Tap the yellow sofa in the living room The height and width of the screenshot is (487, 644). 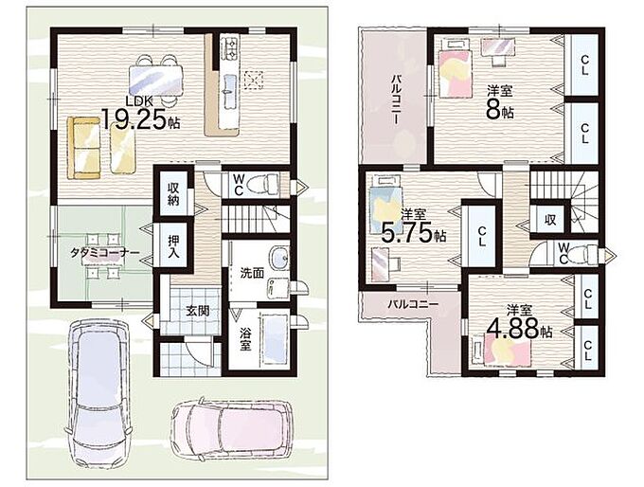coord(84,148)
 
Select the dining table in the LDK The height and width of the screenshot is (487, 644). coord(155,81)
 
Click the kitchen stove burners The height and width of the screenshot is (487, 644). coord(229,48)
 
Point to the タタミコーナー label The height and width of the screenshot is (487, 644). coord(104,253)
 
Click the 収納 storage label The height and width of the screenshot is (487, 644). coord(173,194)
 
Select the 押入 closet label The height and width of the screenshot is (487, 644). coord(173,245)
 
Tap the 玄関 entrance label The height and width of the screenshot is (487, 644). coord(198,311)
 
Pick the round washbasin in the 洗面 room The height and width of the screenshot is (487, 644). coord(278,259)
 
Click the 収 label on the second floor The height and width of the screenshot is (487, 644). coord(550,220)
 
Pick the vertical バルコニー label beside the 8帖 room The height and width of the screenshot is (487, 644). coord(396,99)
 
